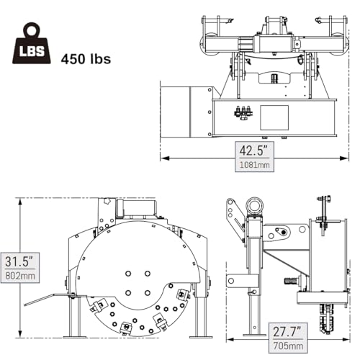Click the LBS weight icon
(32, 44)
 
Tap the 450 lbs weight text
(86, 59)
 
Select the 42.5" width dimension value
(253, 150)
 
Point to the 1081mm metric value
(254, 165)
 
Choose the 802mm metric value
(20, 276)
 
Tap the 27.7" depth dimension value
(287, 332)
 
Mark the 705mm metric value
(288, 346)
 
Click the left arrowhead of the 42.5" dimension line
(165, 158)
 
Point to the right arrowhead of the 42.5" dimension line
(343, 158)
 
